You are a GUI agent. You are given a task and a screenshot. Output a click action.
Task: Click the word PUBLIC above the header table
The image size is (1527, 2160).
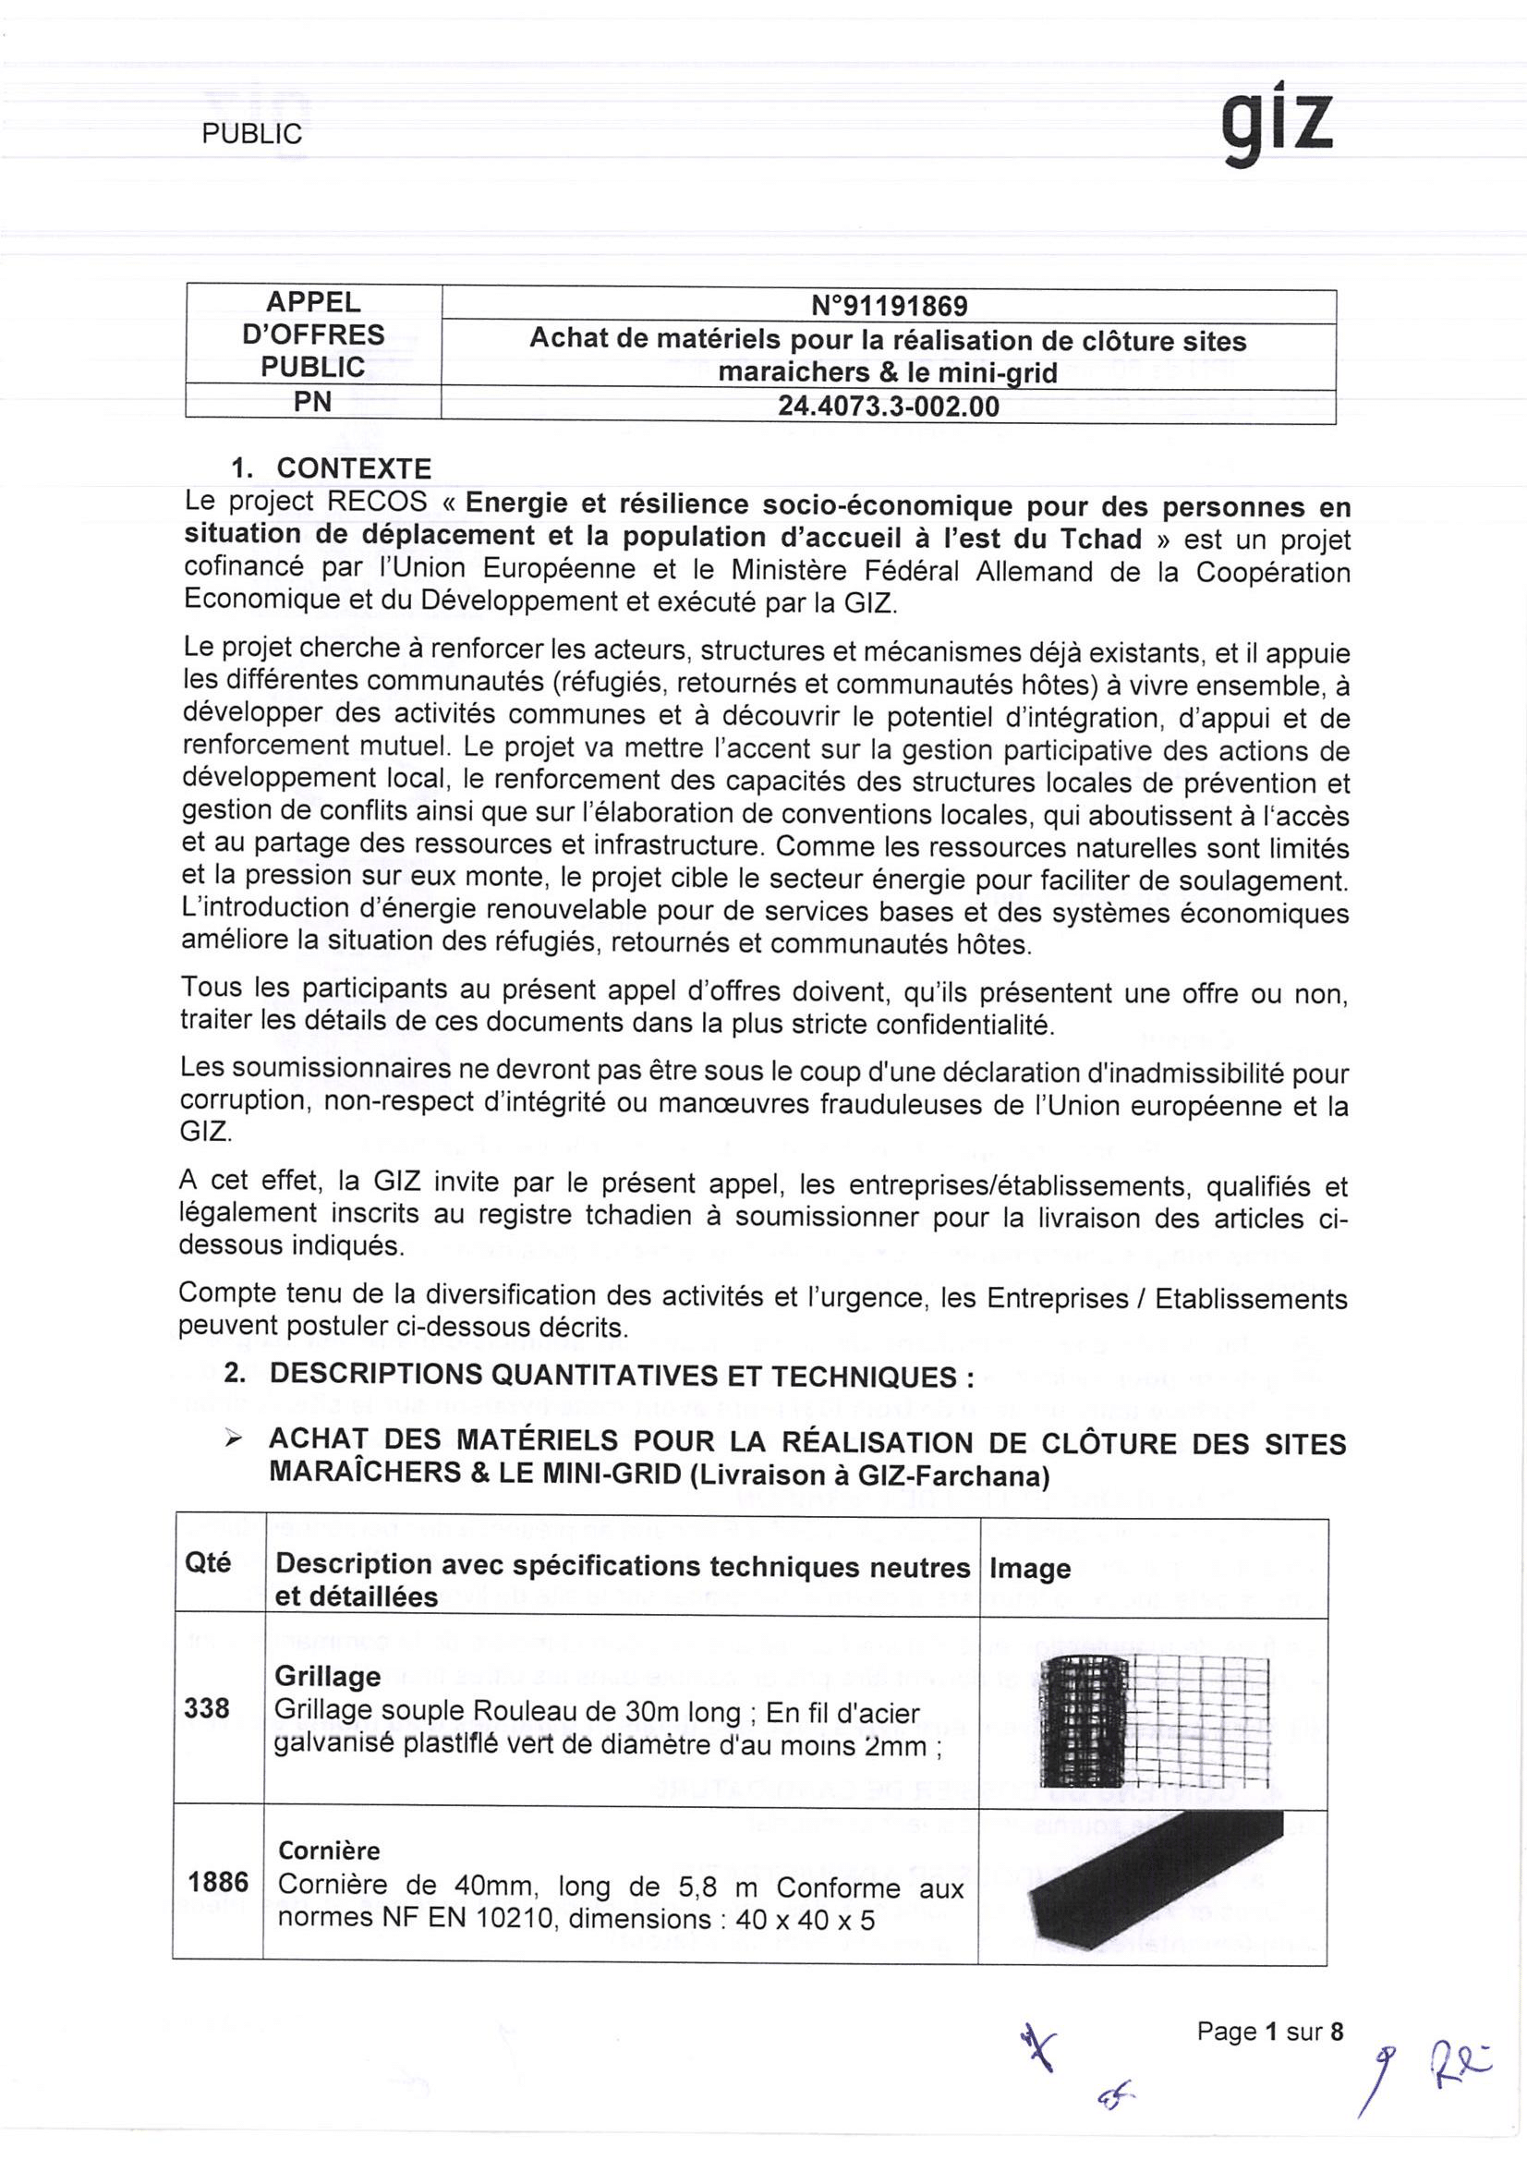pyautogui.click(x=251, y=134)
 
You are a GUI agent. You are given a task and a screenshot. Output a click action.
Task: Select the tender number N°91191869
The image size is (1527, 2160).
pyautogui.click(x=888, y=306)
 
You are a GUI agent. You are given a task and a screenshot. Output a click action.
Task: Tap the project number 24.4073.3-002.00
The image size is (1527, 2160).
pyautogui.click(x=888, y=407)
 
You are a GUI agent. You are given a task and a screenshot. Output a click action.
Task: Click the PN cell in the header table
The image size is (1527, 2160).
pyautogui.click(x=312, y=403)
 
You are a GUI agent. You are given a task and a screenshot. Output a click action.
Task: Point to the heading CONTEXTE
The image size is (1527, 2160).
pyautogui.click(x=354, y=467)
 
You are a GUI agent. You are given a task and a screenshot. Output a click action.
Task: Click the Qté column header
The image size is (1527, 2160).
pyautogui.click(x=208, y=1562)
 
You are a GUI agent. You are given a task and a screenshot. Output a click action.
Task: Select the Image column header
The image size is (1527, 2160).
pyautogui.click(x=1029, y=1567)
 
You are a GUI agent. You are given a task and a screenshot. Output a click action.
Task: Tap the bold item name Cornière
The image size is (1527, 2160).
pyautogui.click(x=329, y=1850)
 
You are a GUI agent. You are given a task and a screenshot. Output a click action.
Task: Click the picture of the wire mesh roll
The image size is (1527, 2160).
pyautogui.click(x=1154, y=1720)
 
